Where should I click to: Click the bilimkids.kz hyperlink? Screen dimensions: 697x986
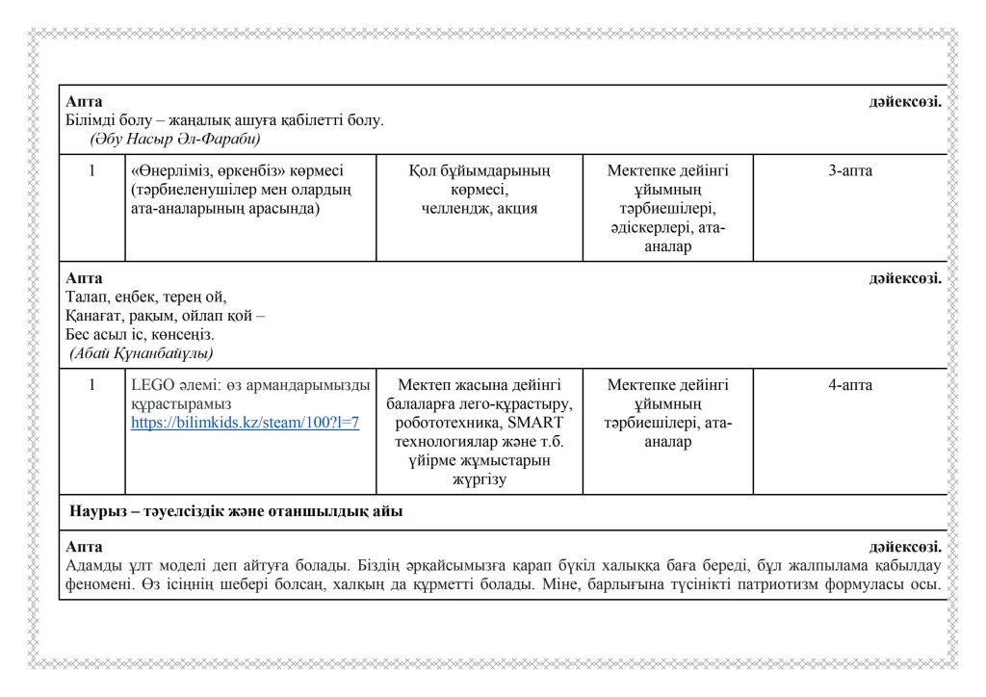point(245,423)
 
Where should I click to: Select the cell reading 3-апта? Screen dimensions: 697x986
point(850,171)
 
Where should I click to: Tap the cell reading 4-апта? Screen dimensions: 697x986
point(850,385)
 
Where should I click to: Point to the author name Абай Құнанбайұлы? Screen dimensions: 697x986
point(142,353)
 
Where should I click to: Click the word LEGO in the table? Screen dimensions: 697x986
point(150,385)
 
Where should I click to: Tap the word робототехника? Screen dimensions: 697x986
point(442,423)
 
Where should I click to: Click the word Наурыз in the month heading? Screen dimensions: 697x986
point(98,511)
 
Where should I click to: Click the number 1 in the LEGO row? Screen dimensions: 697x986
point(91,385)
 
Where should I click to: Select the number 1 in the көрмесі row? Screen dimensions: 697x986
point(91,171)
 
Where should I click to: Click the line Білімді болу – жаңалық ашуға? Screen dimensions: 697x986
point(224,120)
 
